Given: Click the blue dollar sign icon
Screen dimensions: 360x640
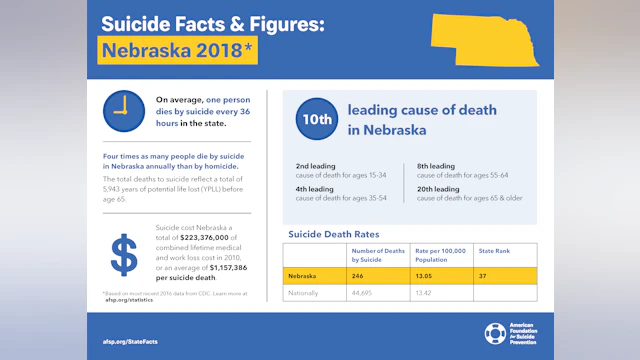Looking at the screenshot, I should pos(124,255).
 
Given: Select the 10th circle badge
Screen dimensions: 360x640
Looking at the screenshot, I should pos(315,119).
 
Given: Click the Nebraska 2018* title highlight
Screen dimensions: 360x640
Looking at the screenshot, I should pos(177,49).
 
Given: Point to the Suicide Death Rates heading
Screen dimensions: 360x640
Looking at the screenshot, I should pos(333,234).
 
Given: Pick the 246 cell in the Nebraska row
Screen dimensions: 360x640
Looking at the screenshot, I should pos(357,274).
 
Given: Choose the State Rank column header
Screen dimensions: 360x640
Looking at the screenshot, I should pos(494,252).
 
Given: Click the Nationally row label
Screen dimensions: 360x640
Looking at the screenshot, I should pos(304,293).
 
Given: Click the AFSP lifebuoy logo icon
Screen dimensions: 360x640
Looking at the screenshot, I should pos(495,333).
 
